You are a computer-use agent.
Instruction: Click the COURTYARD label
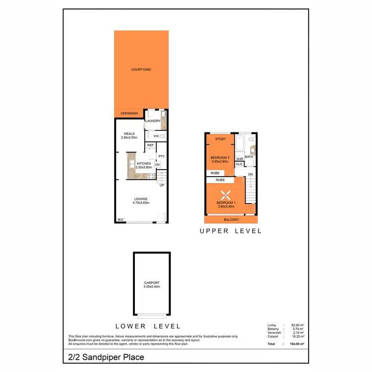coord(141,70)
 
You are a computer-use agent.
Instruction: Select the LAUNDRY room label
coord(152,121)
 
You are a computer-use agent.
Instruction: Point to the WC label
coord(155,136)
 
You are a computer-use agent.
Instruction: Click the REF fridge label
coord(150,145)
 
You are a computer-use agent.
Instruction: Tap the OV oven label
coord(157,165)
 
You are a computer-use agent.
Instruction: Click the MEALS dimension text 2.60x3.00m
coord(129,137)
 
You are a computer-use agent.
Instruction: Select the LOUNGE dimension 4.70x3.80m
coord(141,203)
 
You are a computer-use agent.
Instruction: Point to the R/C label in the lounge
coord(120,220)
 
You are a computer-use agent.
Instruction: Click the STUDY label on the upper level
coord(220,139)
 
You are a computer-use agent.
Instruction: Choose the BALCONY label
coord(231,220)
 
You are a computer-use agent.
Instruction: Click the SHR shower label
coord(239,159)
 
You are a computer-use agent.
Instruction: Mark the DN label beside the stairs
coord(250,175)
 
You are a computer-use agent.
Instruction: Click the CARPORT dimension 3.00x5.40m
coord(152,287)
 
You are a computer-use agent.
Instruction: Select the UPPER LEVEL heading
coord(231,231)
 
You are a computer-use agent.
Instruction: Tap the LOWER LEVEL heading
coord(148,326)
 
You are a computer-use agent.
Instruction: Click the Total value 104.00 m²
coord(296,344)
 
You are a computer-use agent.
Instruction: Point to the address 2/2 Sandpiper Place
coord(106,357)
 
